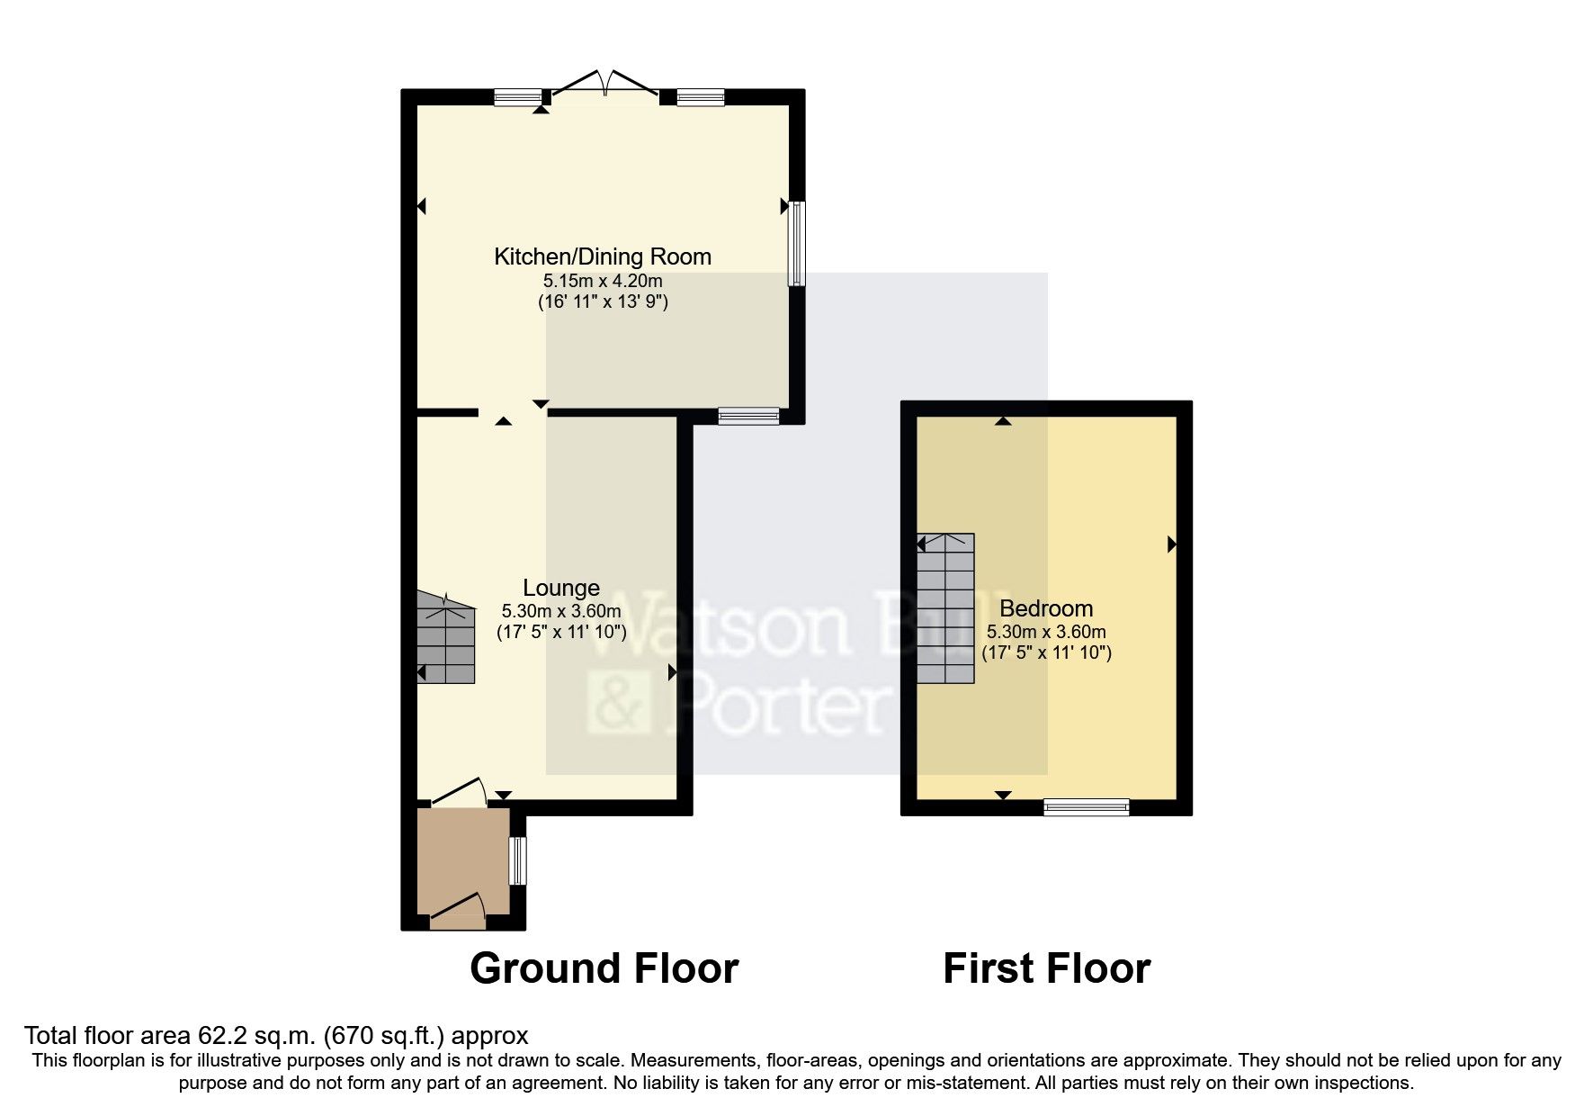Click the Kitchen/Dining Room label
point(603,256)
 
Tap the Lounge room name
point(561,588)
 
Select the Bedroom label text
point(1046,608)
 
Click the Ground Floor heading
point(604,968)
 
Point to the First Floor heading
point(1046,968)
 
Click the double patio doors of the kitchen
point(604,87)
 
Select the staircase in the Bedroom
point(945,608)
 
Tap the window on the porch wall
point(517,861)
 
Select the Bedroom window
point(1086,807)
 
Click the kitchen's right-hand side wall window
point(797,243)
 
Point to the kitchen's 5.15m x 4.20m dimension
point(603,281)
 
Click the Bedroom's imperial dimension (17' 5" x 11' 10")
point(1046,652)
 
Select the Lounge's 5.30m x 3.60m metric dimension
point(561,611)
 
